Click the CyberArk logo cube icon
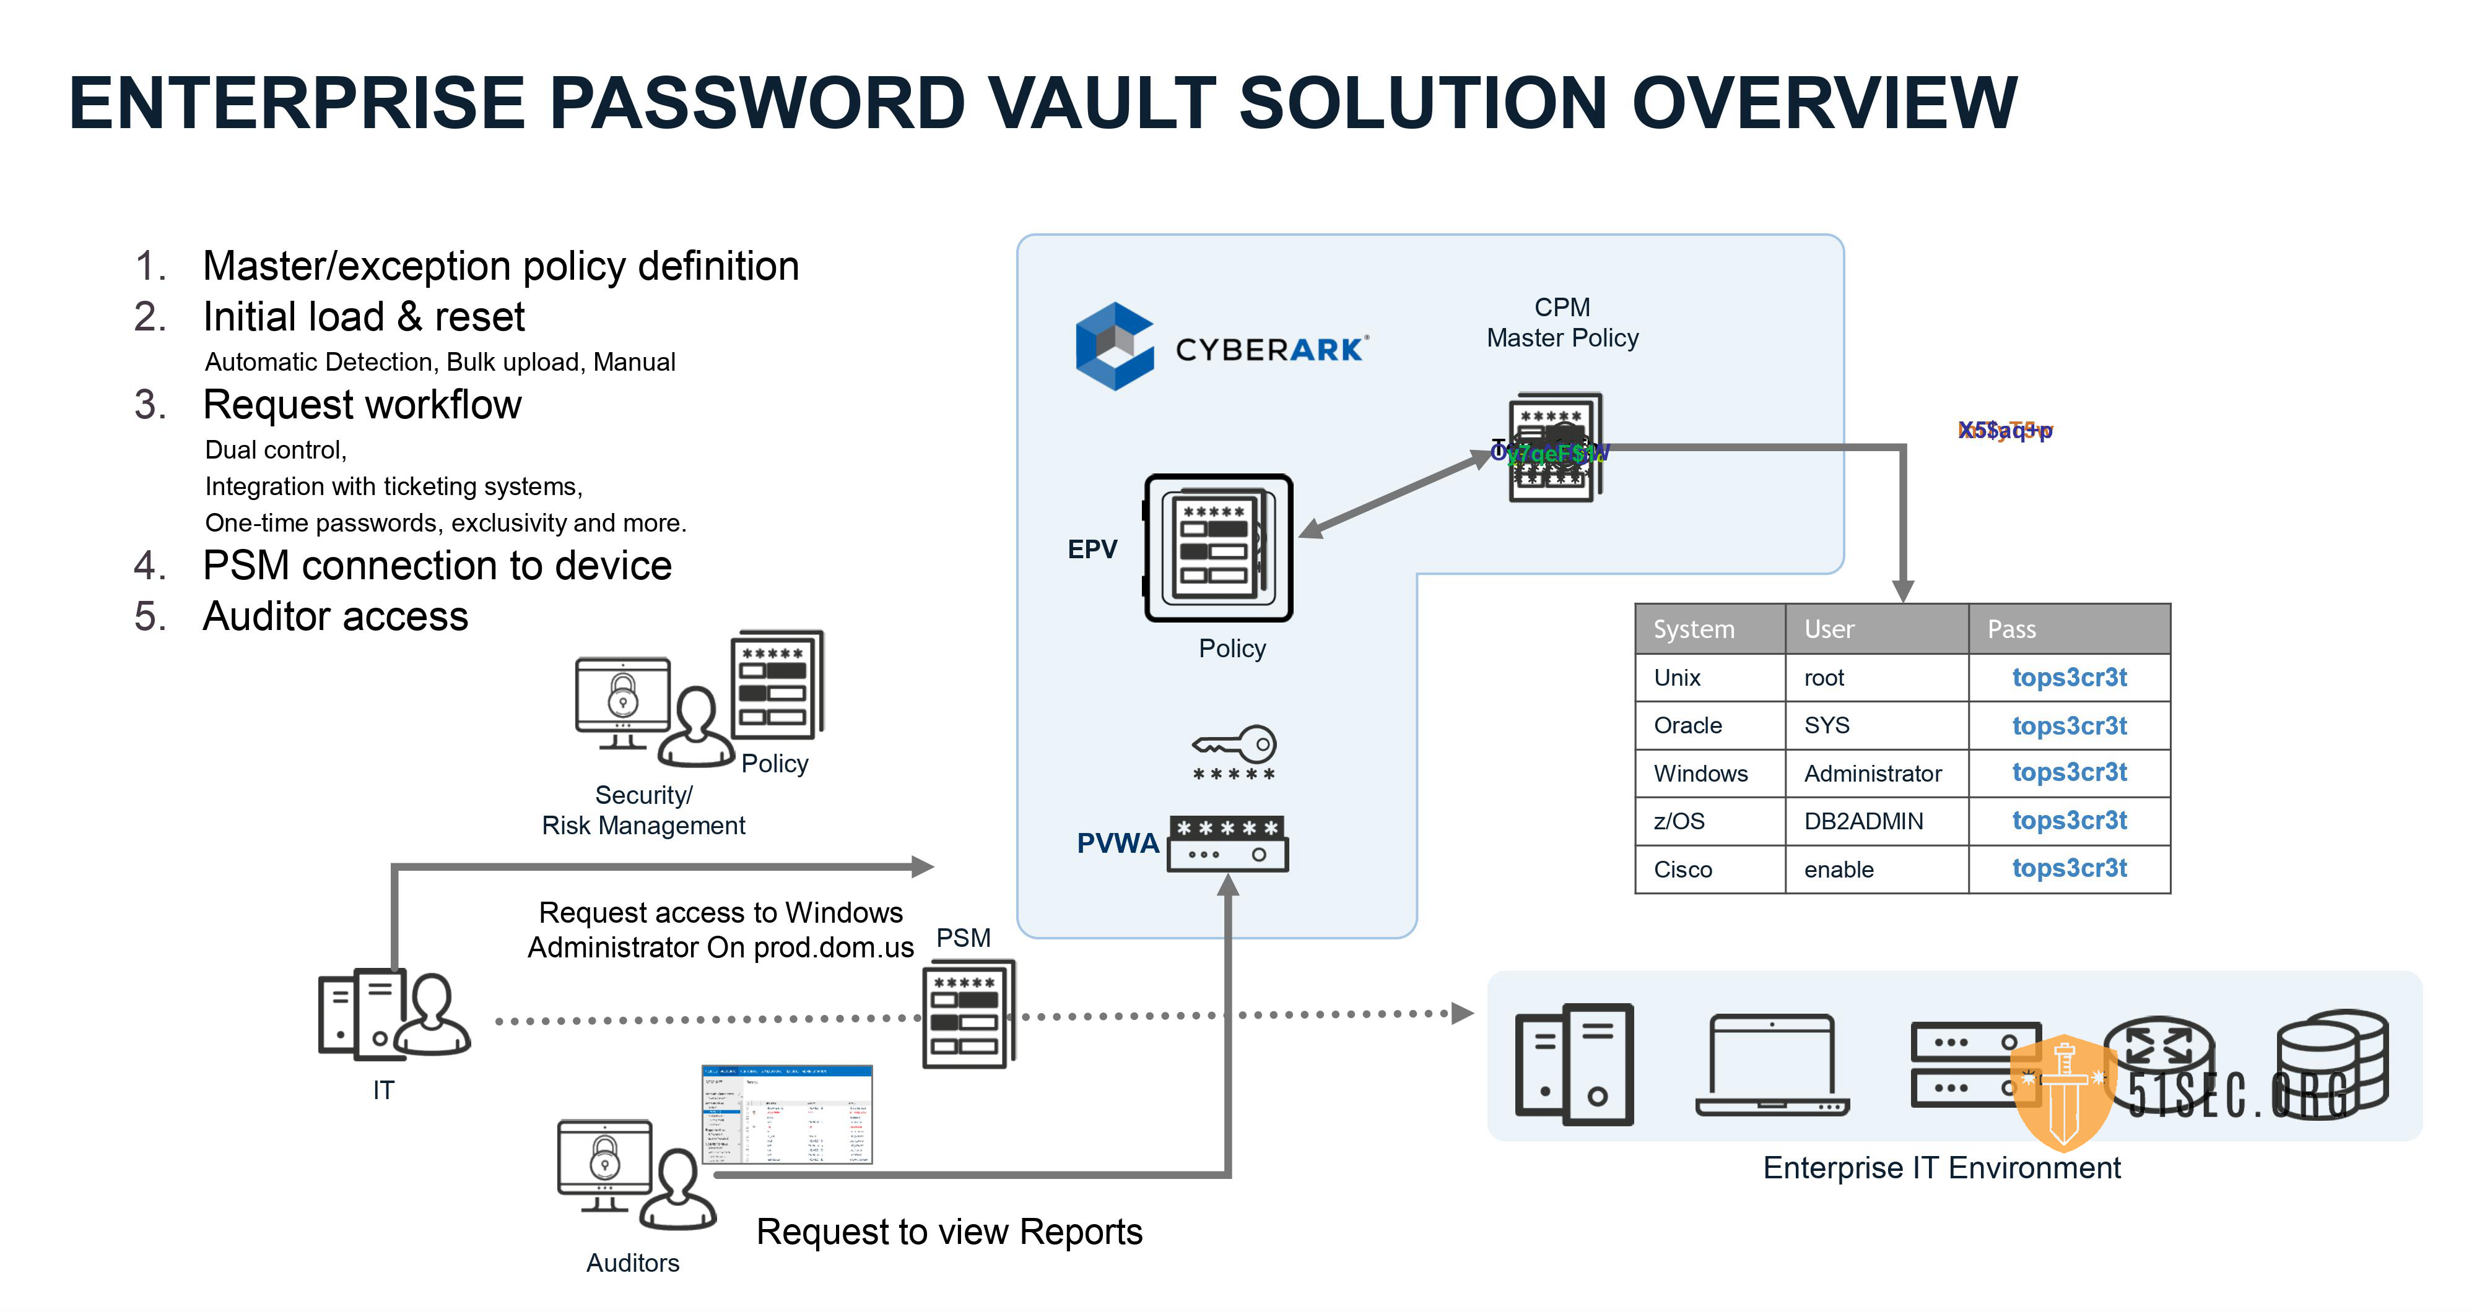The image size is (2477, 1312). (x=1113, y=346)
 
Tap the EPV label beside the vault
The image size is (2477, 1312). (x=1092, y=550)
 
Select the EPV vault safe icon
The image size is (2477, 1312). (x=1218, y=548)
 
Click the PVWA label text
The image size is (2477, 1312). (x=1117, y=843)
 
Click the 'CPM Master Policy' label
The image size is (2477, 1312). (x=1562, y=323)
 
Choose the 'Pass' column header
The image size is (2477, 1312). (x=2011, y=629)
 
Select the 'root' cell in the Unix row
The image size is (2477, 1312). (x=1823, y=678)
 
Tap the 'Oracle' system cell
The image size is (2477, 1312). (x=1687, y=726)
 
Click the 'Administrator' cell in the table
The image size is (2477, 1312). (x=1872, y=774)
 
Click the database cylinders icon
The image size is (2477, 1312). (x=2332, y=1062)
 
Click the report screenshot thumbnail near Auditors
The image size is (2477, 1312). (x=786, y=1115)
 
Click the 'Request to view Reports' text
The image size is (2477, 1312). (x=949, y=1232)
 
